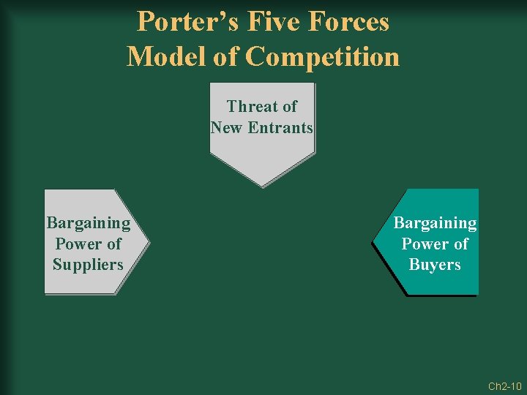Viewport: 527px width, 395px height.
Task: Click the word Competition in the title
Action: pyautogui.click(x=323, y=56)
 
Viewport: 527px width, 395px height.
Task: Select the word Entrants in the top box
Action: pyautogui.click(x=280, y=128)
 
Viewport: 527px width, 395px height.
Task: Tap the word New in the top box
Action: pyautogui.click(x=227, y=128)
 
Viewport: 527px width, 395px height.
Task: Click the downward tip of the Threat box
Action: pyautogui.click(x=262, y=185)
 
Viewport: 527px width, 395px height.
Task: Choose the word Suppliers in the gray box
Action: pyautogui.click(x=88, y=265)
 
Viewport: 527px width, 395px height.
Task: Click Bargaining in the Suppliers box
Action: pyautogui.click(x=88, y=222)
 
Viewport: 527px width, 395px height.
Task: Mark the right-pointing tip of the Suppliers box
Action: pyautogui.click(x=148, y=241)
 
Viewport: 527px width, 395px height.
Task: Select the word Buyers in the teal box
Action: pyautogui.click(x=435, y=265)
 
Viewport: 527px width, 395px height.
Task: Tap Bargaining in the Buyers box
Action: pyautogui.click(x=435, y=222)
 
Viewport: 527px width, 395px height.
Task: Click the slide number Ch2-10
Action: pyautogui.click(x=504, y=385)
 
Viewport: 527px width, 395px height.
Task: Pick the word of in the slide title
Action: pyautogui.click(x=223, y=56)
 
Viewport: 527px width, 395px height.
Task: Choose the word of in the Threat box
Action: pyautogui.click(x=289, y=107)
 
